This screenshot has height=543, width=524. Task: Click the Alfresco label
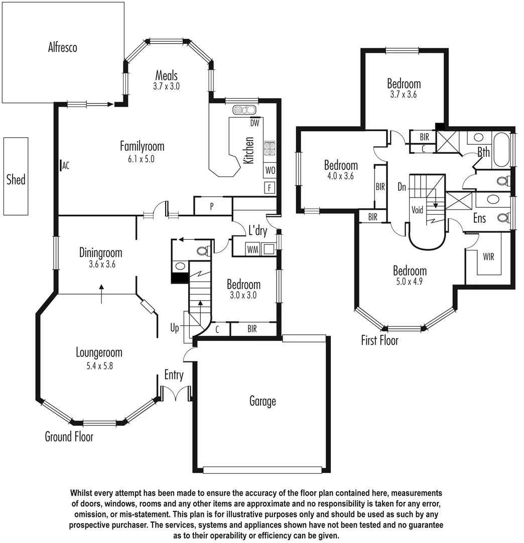pos(63,48)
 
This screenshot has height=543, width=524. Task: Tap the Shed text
pos(16,179)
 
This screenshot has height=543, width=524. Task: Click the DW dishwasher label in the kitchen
pos(254,123)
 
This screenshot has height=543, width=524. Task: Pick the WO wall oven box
pos(270,170)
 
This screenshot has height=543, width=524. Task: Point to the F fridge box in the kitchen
pos(270,188)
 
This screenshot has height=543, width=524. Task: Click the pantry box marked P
pos(212,206)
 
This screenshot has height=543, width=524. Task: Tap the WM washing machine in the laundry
pos(252,249)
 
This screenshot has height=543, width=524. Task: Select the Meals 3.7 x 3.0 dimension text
pos(166,86)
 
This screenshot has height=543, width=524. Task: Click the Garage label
pos(263,401)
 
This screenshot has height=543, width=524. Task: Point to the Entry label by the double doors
pos(174,375)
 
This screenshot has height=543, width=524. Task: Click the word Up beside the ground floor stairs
pos(175,328)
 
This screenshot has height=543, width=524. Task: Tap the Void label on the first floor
pos(417,210)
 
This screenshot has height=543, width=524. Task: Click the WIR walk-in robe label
pos(488,256)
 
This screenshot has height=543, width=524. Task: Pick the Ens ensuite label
pos(480,219)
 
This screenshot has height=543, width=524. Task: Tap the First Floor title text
pos(379,340)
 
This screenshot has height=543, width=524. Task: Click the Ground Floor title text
pos(69,436)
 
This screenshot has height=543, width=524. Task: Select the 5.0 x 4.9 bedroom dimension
pos(410,282)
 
